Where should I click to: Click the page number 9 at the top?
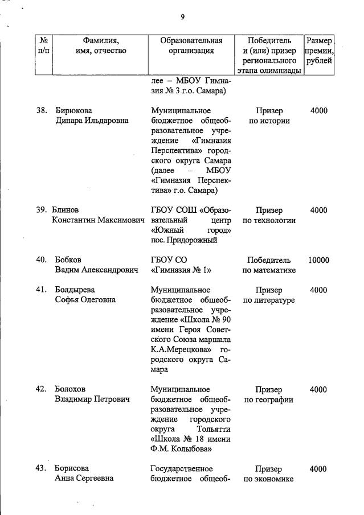tap(182, 17)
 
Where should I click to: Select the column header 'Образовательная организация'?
tap(191, 46)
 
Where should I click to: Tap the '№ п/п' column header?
tap(43, 46)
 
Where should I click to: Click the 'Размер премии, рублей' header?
tap(319, 51)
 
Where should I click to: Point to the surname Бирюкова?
tap(73, 110)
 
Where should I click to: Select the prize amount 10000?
tap(318, 260)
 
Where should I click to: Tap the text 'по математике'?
tap(269, 270)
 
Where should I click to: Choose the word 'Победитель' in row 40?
tap(269, 260)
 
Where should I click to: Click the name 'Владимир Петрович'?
tap(92, 400)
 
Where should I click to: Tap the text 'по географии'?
tap(269, 400)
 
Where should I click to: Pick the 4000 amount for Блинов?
tap(318, 210)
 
